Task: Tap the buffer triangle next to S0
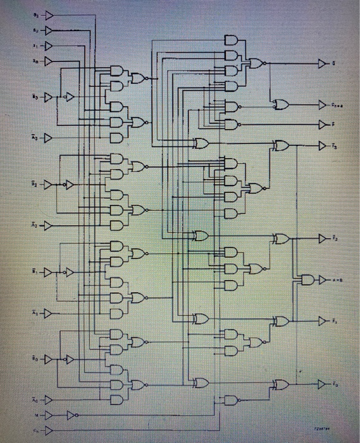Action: [x=48, y=60]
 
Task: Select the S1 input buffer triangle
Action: [x=48, y=45]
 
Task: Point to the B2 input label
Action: [x=36, y=184]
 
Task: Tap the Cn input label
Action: [x=36, y=430]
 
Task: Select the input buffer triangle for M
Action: [x=49, y=415]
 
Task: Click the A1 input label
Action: [x=36, y=313]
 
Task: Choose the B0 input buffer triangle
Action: [x=48, y=359]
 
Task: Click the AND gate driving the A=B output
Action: [x=309, y=280]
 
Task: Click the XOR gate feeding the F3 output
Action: [x=280, y=146]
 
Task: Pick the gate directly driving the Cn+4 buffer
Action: [x=280, y=103]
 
